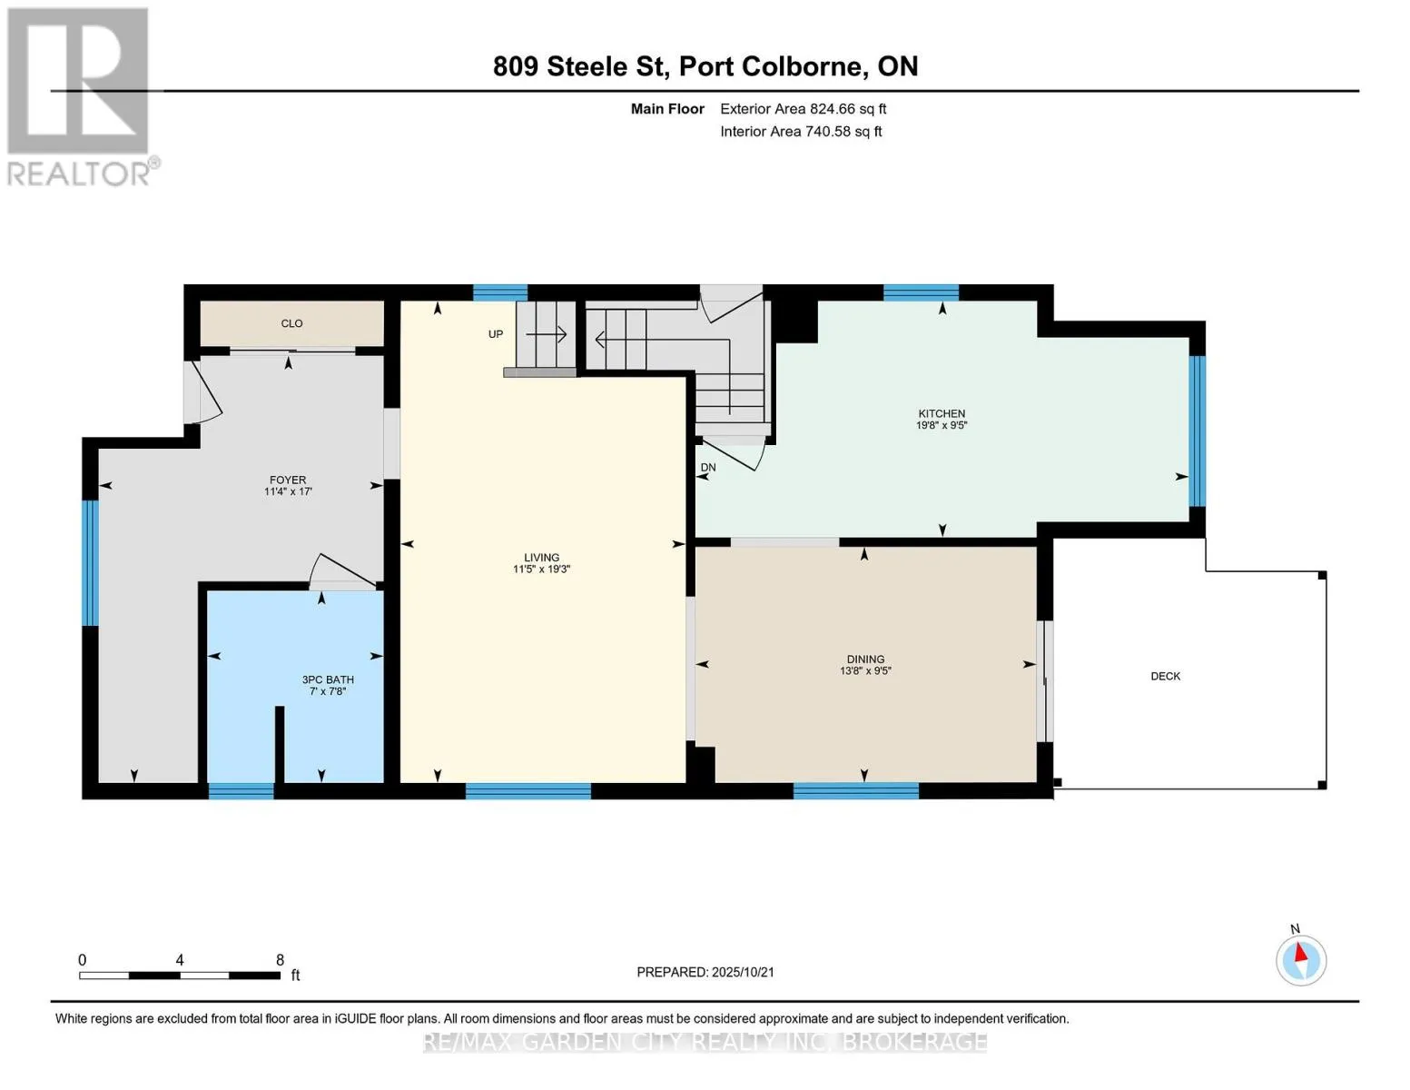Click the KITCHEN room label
(x=942, y=413)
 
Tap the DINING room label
(x=865, y=659)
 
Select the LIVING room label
(x=541, y=558)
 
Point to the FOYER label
(x=288, y=481)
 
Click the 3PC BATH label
(x=328, y=679)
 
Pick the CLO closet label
(x=291, y=323)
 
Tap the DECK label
(x=1166, y=677)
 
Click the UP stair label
(x=495, y=334)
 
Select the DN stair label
(x=708, y=468)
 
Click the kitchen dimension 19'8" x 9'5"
(x=942, y=425)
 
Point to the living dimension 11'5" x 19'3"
(x=541, y=570)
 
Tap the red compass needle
(x=1300, y=953)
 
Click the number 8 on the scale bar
(x=280, y=960)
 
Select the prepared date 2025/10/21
(x=743, y=973)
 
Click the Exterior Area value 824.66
(x=832, y=109)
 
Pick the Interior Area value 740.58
(x=827, y=132)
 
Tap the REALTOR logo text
(x=78, y=174)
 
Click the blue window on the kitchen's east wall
(x=1197, y=431)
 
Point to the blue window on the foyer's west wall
(x=90, y=563)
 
